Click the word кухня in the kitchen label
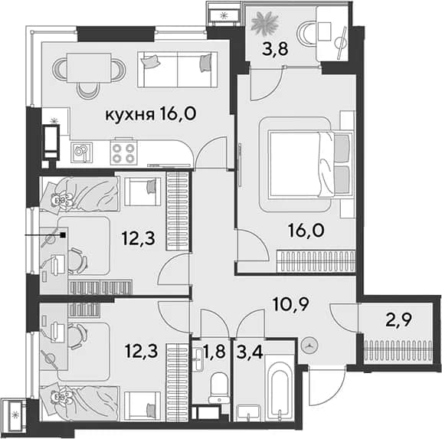pyautogui.click(x=129, y=115)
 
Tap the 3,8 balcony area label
pyautogui.click(x=276, y=49)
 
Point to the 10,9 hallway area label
pyautogui.click(x=291, y=304)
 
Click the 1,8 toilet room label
pyautogui.click(x=214, y=352)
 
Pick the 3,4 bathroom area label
pyautogui.click(x=250, y=352)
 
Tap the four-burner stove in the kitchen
pyautogui.click(x=123, y=152)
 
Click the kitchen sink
pyautogui.click(x=81, y=152)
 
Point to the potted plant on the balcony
pyautogui.click(x=265, y=24)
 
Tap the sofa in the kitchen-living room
pyautogui.click(x=177, y=69)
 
